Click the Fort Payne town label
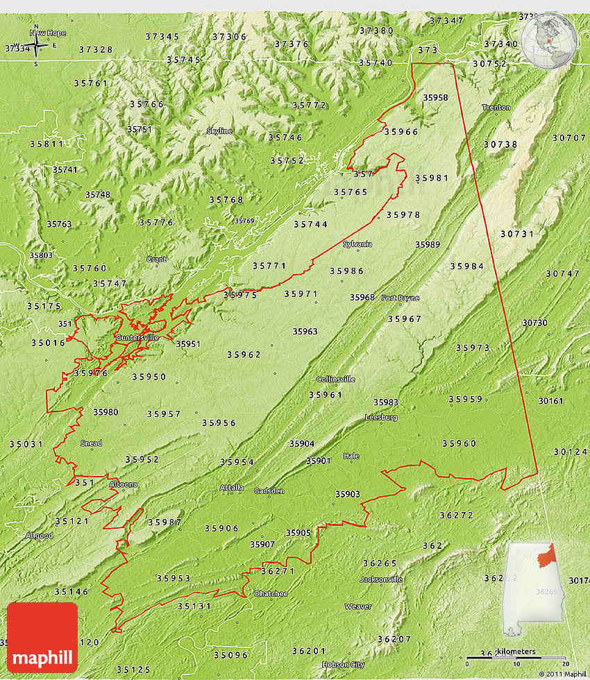(x=400, y=298)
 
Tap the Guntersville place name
(x=137, y=337)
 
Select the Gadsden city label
(x=269, y=491)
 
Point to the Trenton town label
(x=496, y=108)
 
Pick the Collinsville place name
(x=336, y=379)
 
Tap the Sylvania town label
(x=357, y=244)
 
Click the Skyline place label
(x=219, y=130)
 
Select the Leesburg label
(x=381, y=417)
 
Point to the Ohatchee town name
(x=271, y=593)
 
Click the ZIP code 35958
(x=435, y=98)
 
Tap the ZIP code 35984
(x=467, y=266)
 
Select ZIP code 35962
(x=244, y=355)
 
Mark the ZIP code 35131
(x=194, y=606)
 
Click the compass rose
(x=37, y=46)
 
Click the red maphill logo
(x=42, y=636)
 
